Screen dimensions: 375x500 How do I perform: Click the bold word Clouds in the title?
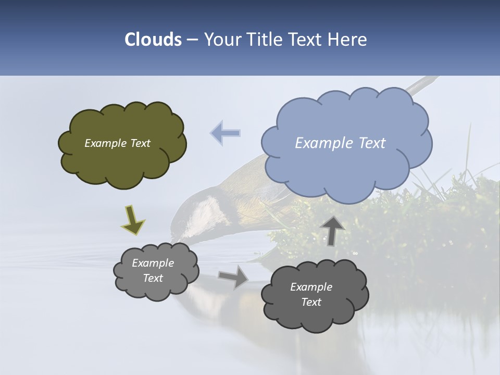(x=153, y=40)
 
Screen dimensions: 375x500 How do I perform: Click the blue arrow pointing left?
(x=226, y=133)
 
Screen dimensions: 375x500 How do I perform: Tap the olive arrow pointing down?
(x=133, y=219)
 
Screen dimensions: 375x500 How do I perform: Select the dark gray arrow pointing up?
(x=332, y=230)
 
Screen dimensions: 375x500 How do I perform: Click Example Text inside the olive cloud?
(x=117, y=143)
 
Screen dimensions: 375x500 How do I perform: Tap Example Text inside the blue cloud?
(x=340, y=143)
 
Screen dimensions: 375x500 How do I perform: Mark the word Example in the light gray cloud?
(x=153, y=263)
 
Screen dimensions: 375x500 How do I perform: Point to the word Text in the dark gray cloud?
(x=311, y=302)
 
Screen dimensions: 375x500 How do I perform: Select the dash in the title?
(x=192, y=40)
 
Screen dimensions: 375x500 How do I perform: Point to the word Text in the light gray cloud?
(x=153, y=278)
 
